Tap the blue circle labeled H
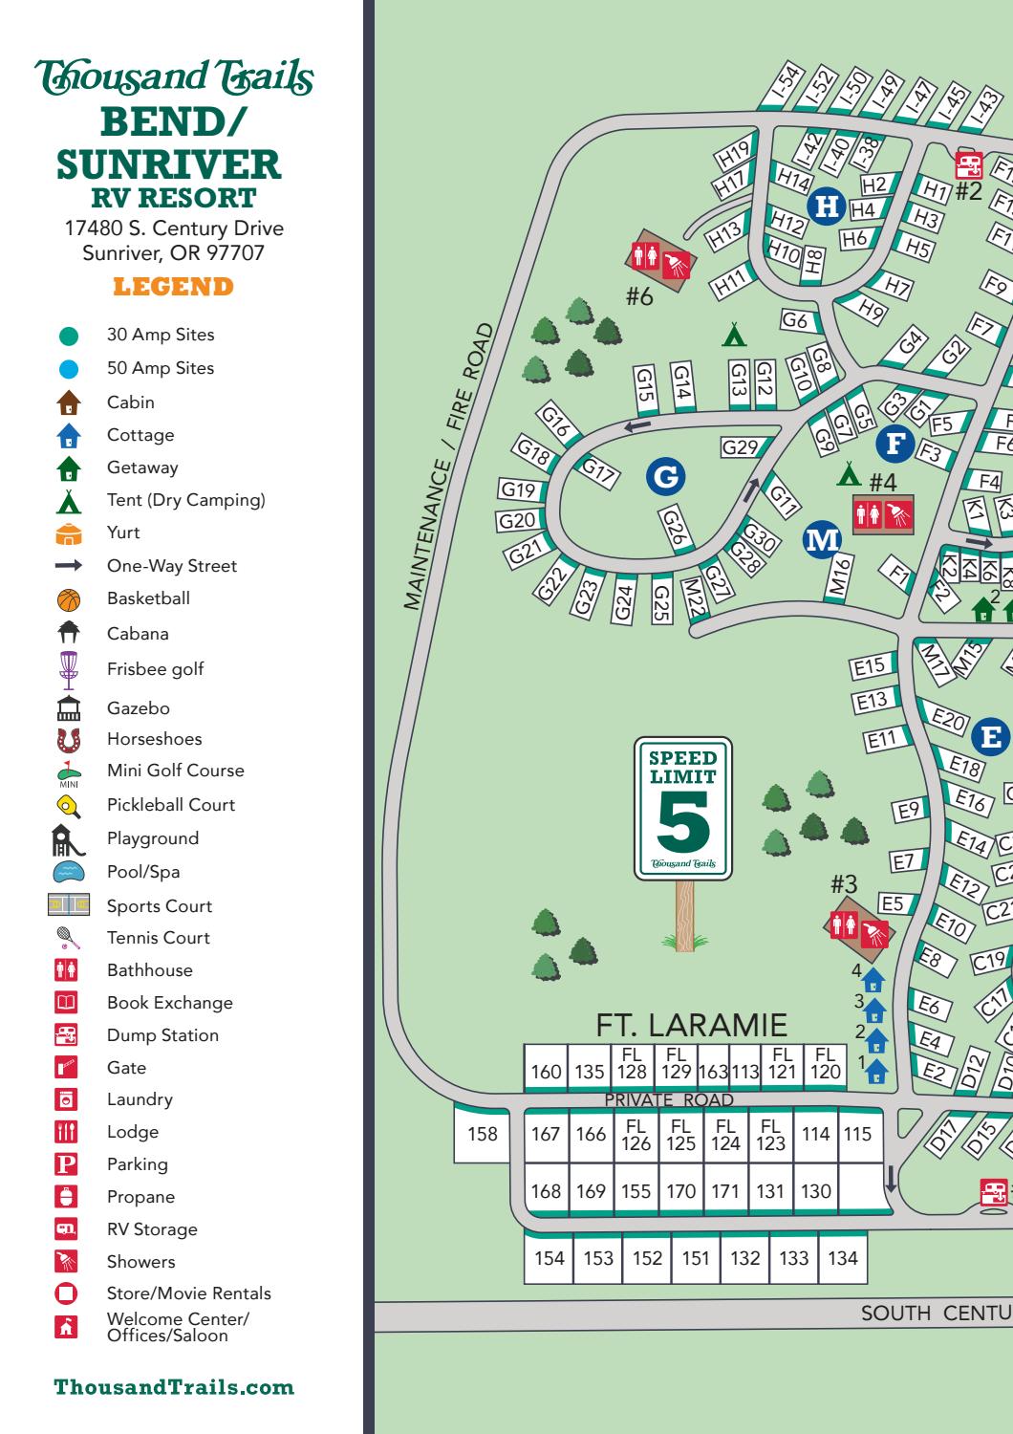tap(828, 206)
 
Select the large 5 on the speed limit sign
tap(683, 822)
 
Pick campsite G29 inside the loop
tap(740, 446)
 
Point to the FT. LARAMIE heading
tap(691, 1025)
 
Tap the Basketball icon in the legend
tap(69, 599)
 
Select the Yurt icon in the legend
tap(69, 533)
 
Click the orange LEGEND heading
tap(173, 287)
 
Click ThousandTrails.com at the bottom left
tap(174, 1387)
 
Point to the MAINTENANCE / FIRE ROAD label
tap(448, 467)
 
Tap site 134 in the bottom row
tap(842, 1258)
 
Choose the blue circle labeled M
tap(822, 539)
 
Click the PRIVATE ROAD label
tap(669, 1100)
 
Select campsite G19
tap(519, 490)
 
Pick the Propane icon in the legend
tap(67, 1197)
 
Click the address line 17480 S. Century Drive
tap(174, 228)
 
